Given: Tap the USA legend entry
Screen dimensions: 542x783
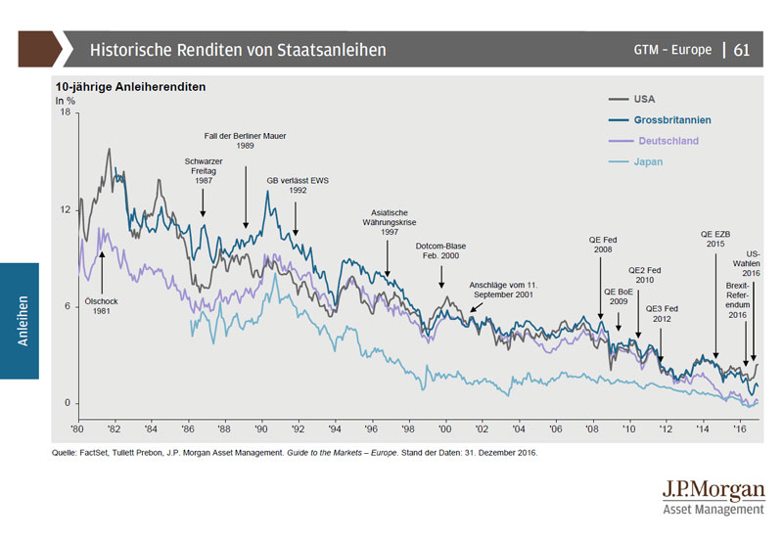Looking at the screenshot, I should pyautogui.click(x=644, y=99).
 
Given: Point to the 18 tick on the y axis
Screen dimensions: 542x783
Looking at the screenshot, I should pyautogui.click(x=66, y=113).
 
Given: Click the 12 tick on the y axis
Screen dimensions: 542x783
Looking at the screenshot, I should pyautogui.click(x=66, y=210).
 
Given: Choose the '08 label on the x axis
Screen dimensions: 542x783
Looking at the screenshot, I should pyautogui.click(x=593, y=429).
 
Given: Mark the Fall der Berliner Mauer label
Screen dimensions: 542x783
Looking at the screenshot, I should pyautogui.click(x=245, y=140).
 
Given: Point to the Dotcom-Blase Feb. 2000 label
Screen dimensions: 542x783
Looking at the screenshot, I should pyautogui.click(x=442, y=250).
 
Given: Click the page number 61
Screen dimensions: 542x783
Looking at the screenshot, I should pyautogui.click(x=741, y=49).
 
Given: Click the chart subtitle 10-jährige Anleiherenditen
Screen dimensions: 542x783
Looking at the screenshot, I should pyautogui.click(x=129, y=86).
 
